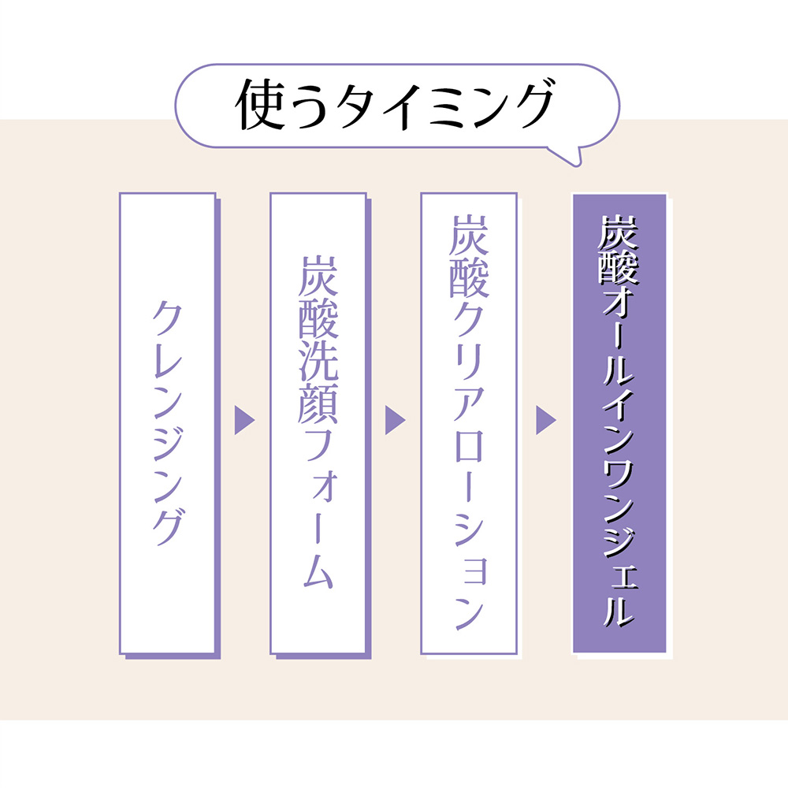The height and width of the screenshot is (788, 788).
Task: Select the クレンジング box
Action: (167, 423)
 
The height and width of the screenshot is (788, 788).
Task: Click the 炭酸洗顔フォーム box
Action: (318, 423)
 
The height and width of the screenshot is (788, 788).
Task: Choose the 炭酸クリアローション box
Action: (468, 423)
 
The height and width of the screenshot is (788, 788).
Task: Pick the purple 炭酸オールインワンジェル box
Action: (619, 423)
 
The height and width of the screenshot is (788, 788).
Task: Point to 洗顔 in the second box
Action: (318, 381)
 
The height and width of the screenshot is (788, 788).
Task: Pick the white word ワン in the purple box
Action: (619, 481)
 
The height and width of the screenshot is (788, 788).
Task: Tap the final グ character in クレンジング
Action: (167, 523)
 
